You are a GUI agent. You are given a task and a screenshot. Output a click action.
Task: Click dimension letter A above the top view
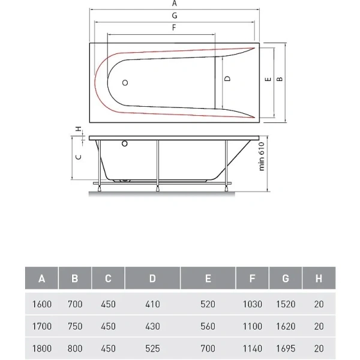(174, 3)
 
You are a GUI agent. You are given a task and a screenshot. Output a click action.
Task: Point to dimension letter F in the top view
(174, 27)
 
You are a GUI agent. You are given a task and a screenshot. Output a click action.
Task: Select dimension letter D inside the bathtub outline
(227, 79)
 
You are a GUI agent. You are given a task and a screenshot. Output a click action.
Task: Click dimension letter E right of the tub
(269, 79)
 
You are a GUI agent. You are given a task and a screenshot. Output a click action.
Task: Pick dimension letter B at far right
(280, 79)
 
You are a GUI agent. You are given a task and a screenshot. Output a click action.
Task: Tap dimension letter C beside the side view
(77, 157)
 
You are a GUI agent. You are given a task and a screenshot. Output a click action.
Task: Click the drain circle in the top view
(126, 83)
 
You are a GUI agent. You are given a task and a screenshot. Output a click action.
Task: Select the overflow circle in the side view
(125, 144)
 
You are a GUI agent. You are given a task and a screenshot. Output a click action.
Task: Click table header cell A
(41, 278)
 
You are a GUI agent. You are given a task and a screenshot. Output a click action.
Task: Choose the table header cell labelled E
(207, 278)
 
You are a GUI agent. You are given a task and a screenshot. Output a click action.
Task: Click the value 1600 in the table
(41, 304)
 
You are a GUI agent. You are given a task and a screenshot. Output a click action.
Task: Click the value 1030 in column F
(252, 304)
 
